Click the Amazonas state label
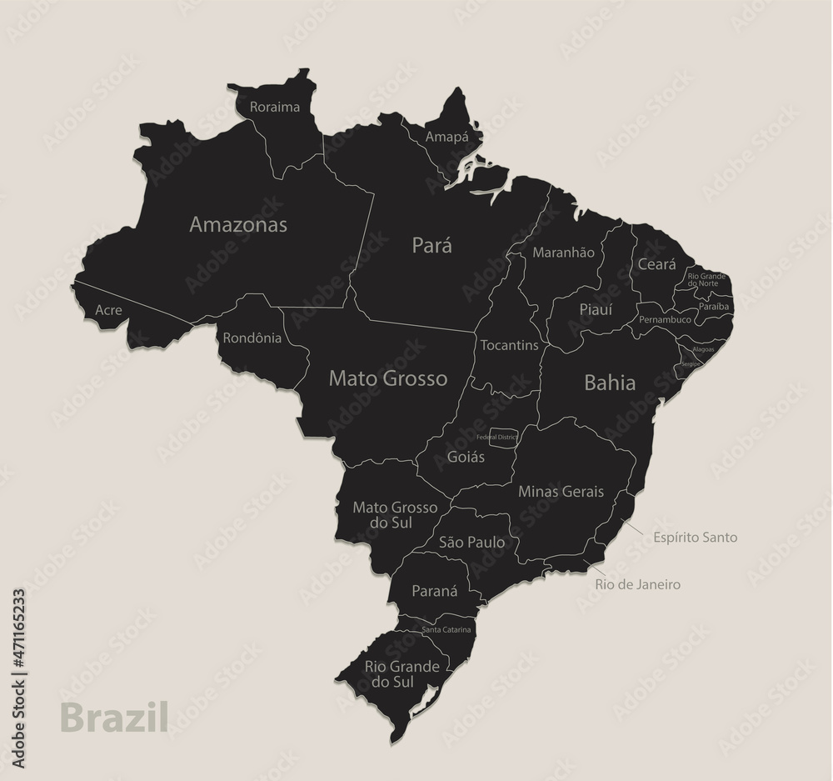(238, 224)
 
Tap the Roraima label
(274, 107)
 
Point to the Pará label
(432, 245)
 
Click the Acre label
(108, 310)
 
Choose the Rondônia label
(252, 338)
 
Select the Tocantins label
(509, 345)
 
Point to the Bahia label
(610, 383)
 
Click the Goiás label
(466, 457)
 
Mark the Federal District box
(503, 438)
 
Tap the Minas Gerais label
(561, 491)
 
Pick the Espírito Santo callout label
(695, 538)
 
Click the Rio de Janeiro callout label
(637, 584)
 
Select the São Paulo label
(471, 542)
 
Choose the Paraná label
(435, 591)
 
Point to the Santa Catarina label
(446, 629)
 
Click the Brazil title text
(114, 717)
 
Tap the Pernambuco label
(666, 319)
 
